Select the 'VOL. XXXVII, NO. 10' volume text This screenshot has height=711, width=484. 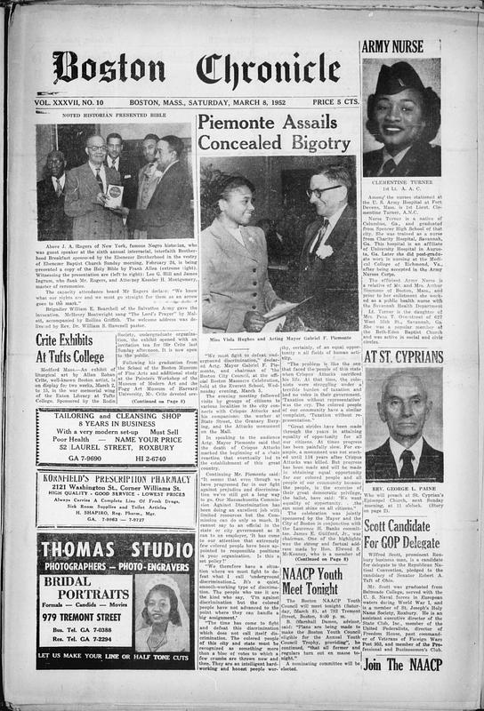tap(79, 103)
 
